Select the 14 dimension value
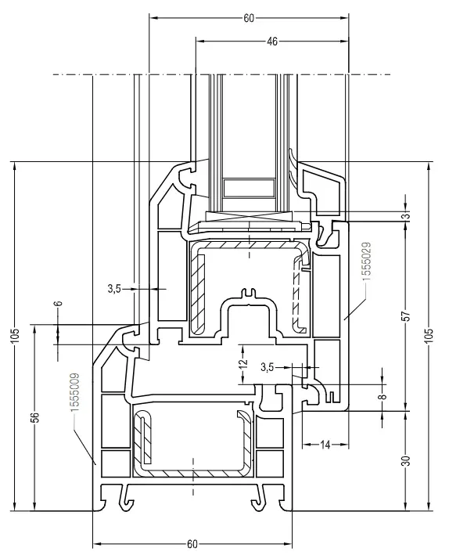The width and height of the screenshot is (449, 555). [323, 445]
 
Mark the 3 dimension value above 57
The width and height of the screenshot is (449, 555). [404, 216]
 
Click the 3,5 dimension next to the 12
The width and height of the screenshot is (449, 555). [268, 366]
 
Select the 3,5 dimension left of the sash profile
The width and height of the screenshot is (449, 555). [114, 289]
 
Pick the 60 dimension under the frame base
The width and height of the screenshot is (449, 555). [192, 543]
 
